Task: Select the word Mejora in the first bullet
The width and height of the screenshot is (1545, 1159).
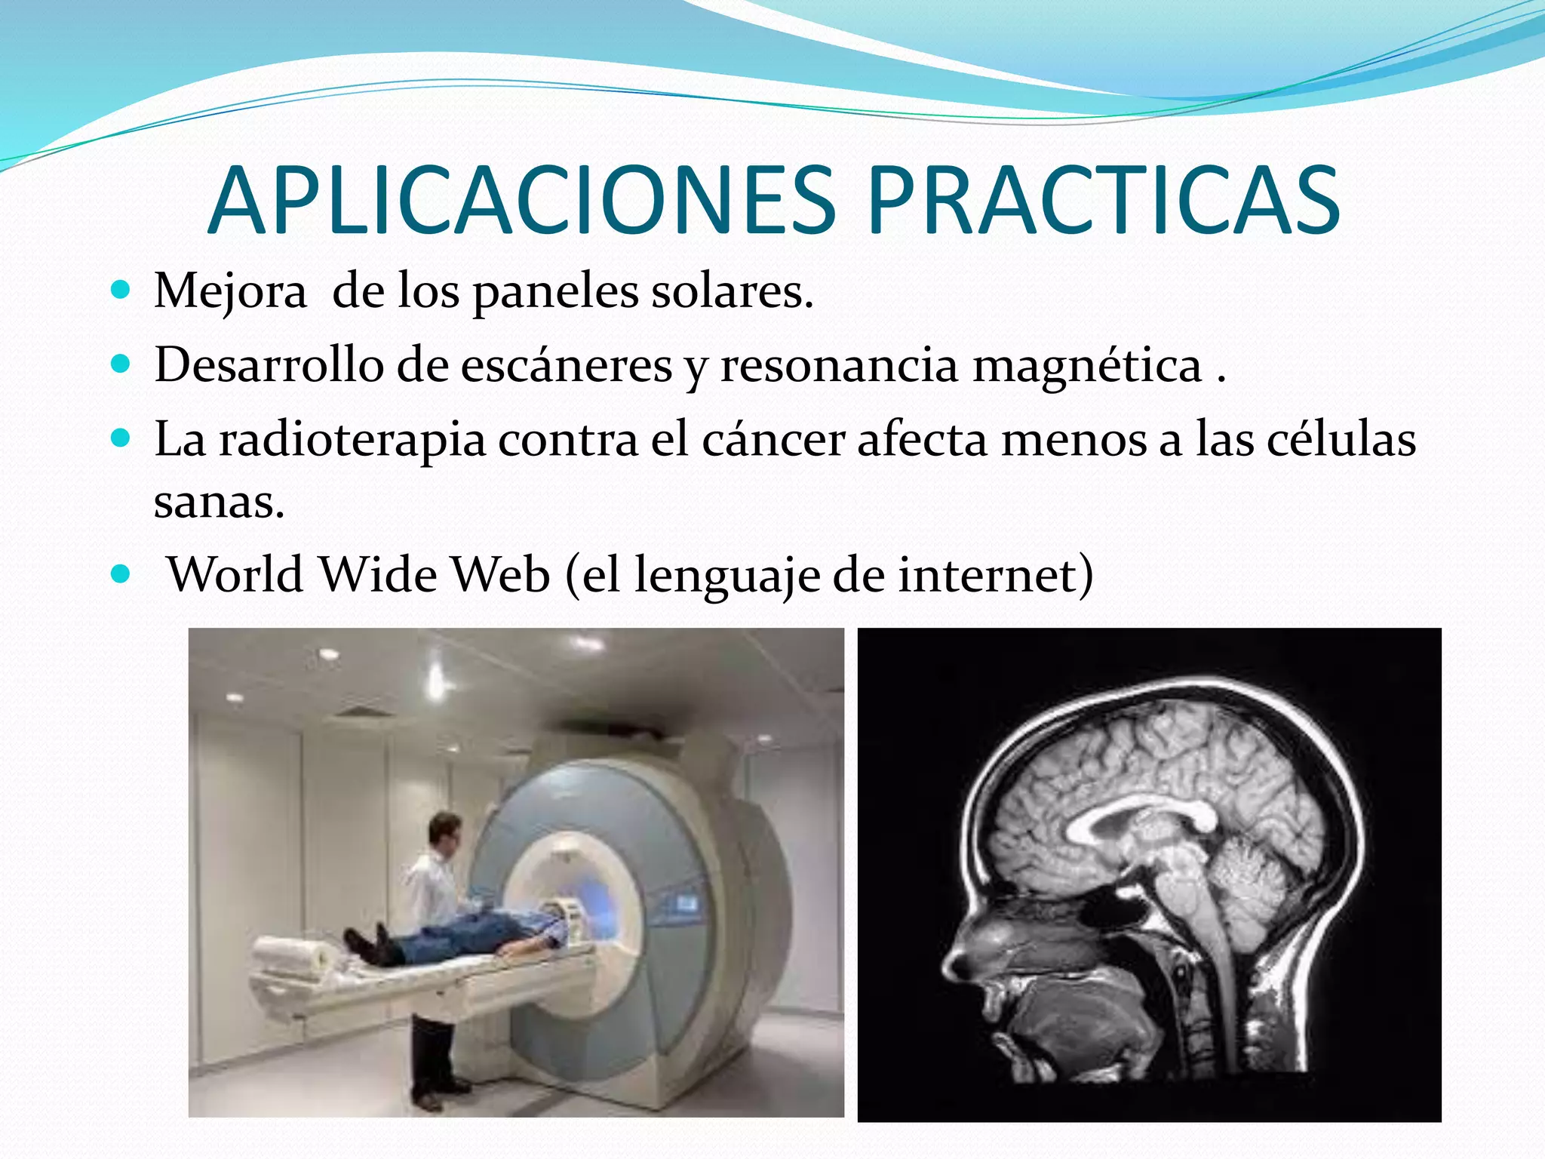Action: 230,291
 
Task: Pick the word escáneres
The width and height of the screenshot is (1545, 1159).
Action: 566,364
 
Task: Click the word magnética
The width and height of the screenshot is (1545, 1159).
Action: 1086,364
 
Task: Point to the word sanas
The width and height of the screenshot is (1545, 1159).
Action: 219,502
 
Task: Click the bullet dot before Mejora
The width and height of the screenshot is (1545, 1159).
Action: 120,291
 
